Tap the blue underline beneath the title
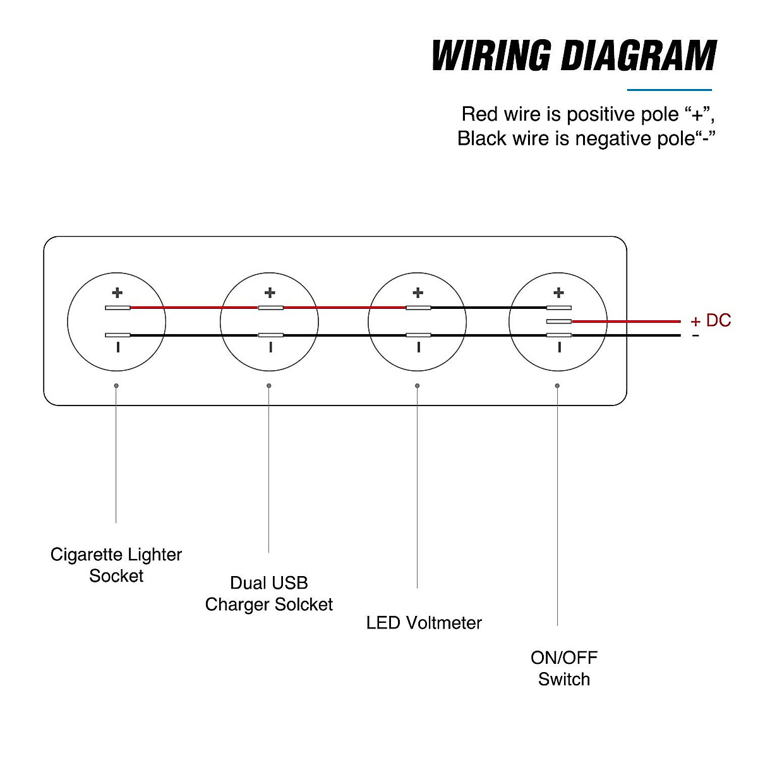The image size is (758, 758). pos(669,90)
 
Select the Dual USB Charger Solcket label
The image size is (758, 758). pos(269,594)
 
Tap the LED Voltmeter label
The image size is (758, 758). pos(424,623)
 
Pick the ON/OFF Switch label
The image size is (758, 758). pos(564,668)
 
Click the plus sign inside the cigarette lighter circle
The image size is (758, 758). pos(117,292)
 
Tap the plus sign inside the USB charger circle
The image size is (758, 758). pos(270,292)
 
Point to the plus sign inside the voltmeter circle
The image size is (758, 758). pos(418,292)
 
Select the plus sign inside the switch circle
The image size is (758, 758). pos(558,292)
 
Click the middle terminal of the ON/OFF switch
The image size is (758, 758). pos(559,322)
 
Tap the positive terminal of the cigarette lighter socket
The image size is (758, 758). pos(118,308)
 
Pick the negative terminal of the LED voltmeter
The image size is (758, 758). pos(418,335)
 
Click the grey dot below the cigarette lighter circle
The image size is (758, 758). pos(116,385)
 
